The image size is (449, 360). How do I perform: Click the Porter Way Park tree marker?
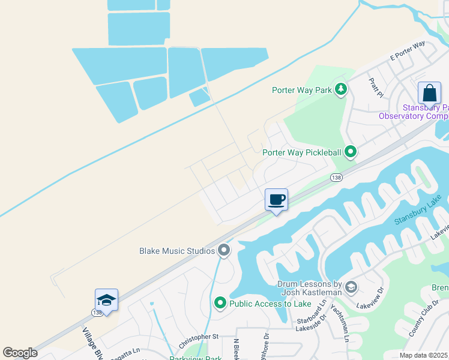pos(341,90)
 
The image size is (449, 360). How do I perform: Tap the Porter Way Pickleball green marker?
pos(350,152)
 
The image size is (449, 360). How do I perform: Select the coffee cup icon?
pos(276,200)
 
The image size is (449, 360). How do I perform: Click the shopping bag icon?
pos(429,94)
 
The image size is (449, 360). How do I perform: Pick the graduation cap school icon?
pos(106,300)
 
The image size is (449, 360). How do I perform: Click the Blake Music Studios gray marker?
pos(224,250)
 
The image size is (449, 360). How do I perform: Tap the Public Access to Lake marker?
pos(220,304)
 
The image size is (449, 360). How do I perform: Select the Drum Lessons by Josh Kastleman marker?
pos(351,287)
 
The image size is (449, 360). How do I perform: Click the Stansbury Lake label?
pos(418,211)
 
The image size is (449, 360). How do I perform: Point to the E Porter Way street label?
pos(408,51)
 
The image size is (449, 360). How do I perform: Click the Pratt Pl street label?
pos(376,88)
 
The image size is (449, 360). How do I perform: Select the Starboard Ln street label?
pos(311,316)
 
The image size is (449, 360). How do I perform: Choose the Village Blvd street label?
pos(92,343)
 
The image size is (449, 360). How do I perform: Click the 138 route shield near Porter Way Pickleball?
pos(337,178)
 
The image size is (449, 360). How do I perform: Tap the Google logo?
pos(20,353)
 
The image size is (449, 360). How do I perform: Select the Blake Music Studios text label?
pos(177,251)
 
